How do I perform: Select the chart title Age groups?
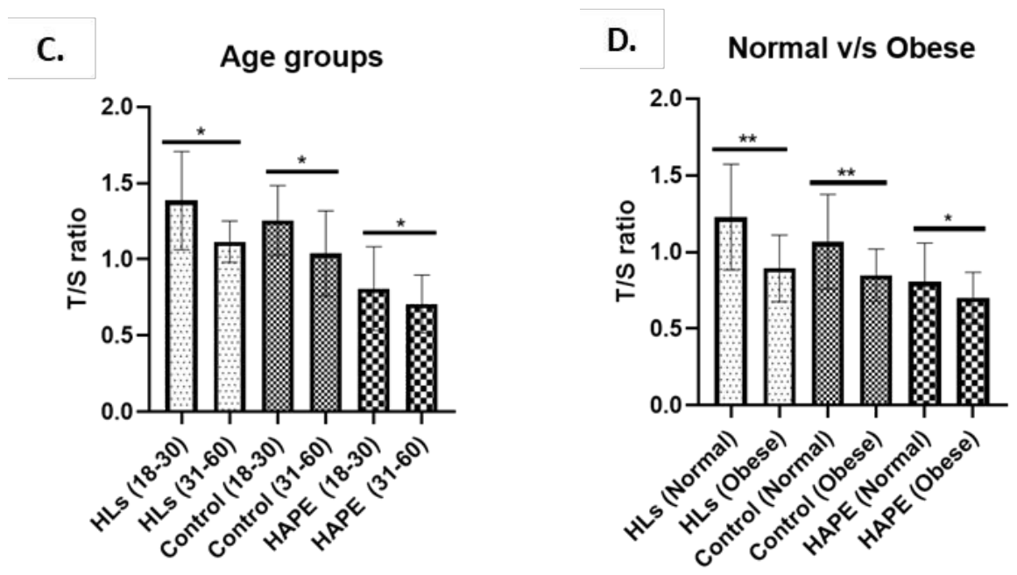point(301,58)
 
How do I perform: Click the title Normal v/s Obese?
point(851,49)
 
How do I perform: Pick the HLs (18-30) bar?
point(181,306)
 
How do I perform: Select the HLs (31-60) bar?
point(230,327)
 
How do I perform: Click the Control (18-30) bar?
point(278,316)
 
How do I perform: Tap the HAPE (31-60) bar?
point(422,358)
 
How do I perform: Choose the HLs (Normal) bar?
point(731,312)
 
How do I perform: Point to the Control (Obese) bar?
point(876,340)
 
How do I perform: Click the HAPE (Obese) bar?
point(972,352)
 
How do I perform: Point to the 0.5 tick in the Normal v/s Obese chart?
point(667,329)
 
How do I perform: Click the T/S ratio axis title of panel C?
point(77,258)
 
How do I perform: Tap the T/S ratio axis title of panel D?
point(626,251)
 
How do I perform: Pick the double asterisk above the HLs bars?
point(748,139)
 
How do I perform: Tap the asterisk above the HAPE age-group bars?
point(401,224)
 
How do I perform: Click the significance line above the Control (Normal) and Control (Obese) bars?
point(848,183)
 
